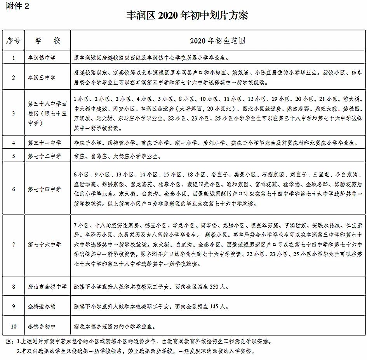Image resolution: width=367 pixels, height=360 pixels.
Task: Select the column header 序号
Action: pyautogui.click(x=14, y=40)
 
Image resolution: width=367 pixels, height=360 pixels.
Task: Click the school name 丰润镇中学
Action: pyautogui.click(x=42, y=58)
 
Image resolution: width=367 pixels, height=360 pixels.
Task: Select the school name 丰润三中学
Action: pyautogui.click(x=42, y=77)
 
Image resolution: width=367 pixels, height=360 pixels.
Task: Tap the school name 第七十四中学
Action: pyautogui.click(x=44, y=189)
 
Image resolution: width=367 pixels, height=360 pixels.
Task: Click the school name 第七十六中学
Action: pyautogui.click(x=44, y=245)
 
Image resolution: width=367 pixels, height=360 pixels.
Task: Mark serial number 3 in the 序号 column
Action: pyautogui.click(x=14, y=113)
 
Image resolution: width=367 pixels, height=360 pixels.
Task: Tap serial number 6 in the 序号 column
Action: pyautogui.click(x=14, y=189)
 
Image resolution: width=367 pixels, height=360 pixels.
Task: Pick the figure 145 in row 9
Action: pyautogui.click(x=213, y=307)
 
